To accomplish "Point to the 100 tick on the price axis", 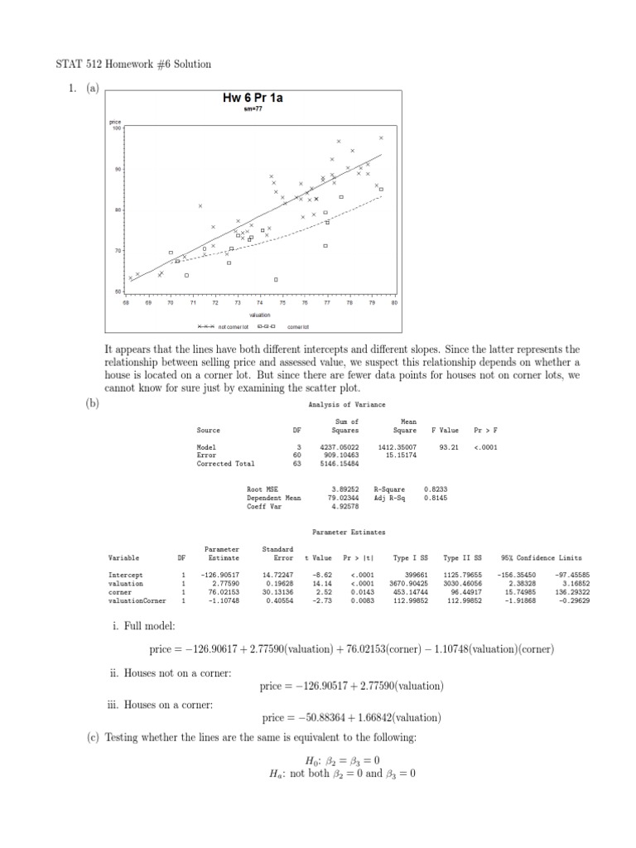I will tap(117, 128).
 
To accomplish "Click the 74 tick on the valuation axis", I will tap(260, 303).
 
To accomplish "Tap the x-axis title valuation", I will tap(260, 316).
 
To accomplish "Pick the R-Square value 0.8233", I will tap(436, 489).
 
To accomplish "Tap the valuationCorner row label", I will tap(137, 600).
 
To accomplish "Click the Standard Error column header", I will tap(277, 553).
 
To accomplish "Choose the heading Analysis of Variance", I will tap(346, 404).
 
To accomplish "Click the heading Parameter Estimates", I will tap(348, 532).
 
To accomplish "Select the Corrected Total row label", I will tap(225, 464).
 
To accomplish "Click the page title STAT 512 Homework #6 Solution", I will tap(133, 64).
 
